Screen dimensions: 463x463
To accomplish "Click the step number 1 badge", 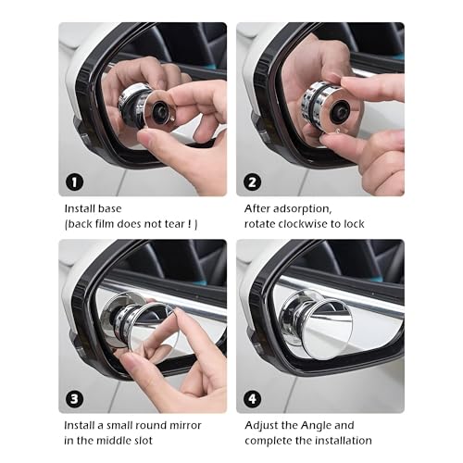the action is pyautogui.click(x=74, y=182).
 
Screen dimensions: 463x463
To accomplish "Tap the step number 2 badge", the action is pyautogui.click(x=252, y=182).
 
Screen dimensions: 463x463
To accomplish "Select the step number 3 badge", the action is pyautogui.click(x=74, y=399).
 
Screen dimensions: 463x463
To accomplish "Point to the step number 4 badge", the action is pyautogui.click(x=252, y=399).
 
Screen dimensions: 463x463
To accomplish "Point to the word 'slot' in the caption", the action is pyautogui.click(x=142, y=441).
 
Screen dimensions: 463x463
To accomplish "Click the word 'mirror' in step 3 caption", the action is pyautogui.click(x=188, y=426).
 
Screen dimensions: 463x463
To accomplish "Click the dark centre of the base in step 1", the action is pyautogui.click(x=160, y=110).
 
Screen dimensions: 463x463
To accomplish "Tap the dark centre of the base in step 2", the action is pyautogui.click(x=339, y=110).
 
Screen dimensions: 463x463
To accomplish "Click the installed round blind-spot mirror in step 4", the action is pyautogui.click(x=327, y=331).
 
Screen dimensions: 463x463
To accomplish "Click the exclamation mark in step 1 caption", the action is pyautogui.click(x=190, y=224).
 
